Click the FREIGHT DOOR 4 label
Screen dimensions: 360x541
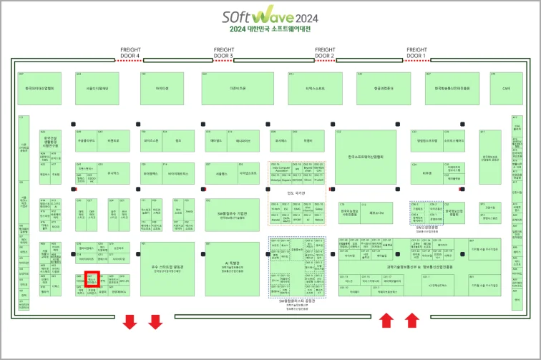(130, 52)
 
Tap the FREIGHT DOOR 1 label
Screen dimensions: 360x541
(416, 52)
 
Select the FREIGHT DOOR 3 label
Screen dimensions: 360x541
(224, 52)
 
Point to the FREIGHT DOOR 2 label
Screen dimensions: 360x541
(324, 52)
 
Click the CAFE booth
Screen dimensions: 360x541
(506, 88)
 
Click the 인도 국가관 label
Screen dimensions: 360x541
(296, 193)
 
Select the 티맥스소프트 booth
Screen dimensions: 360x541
(315, 88)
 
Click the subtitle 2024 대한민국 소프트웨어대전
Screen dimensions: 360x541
(270, 29)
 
